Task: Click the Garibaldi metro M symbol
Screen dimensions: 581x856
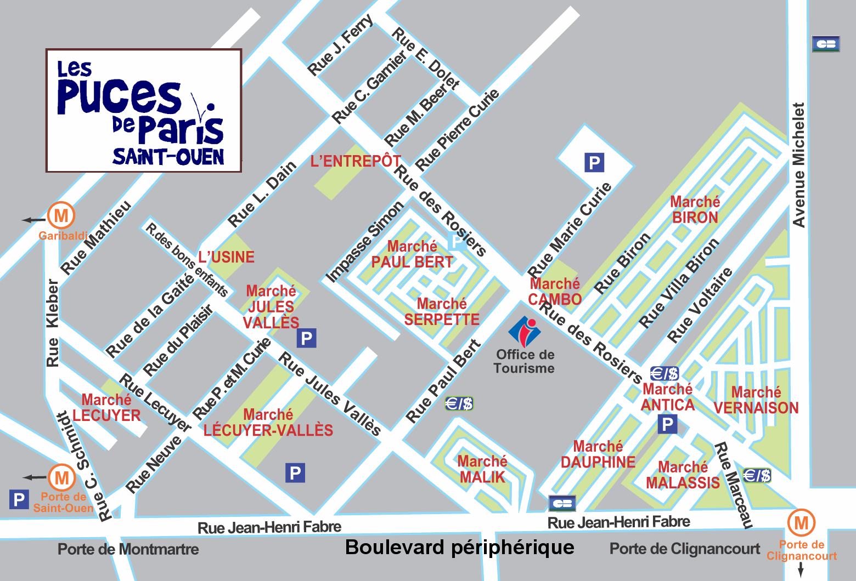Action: pyautogui.click(x=61, y=215)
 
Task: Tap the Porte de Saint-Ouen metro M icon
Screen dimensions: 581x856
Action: pyautogui.click(x=62, y=477)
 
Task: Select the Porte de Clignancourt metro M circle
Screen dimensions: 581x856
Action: pyautogui.click(x=801, y=522)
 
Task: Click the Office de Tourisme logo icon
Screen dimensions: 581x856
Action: pyautogui.click(x=525, y=331)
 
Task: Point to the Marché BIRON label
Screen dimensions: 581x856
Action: pyautogui.click(x=695, y=210)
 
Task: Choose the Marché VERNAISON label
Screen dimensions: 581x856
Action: pyautogui.click(x=756, y=400)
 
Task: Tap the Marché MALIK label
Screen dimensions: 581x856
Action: pyautogui.click(x=482, y=469)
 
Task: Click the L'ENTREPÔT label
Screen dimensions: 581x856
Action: pyautogui.click(x=356, y=161)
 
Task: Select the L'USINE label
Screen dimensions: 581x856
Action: pyautogui.click(x=227, y=257)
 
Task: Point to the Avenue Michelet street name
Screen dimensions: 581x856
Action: pyautogui.click(x=798, y=164)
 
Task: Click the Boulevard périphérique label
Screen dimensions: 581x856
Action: pyautogui.click(x=460, y=547)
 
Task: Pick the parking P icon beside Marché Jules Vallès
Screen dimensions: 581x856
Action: pyautogui.click(x=307, y=338)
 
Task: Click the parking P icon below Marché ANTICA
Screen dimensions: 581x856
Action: pyautogui.click(x=667, y=424)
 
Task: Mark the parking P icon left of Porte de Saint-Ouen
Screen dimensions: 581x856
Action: pyautogui.click(x=19, y=499)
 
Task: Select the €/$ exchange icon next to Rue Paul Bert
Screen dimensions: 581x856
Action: pyautogui.click(x=459, y=404)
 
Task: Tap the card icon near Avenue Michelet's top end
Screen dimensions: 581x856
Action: pyautogui.click(x=825, y=44)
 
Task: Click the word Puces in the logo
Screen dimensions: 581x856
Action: pyautogui.click(x=119, y=96)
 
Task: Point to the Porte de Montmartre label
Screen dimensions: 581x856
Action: pyautogui.click(x=128, y=549)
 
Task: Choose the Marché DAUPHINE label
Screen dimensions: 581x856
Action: pyautogui.click(x=598, y=454)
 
